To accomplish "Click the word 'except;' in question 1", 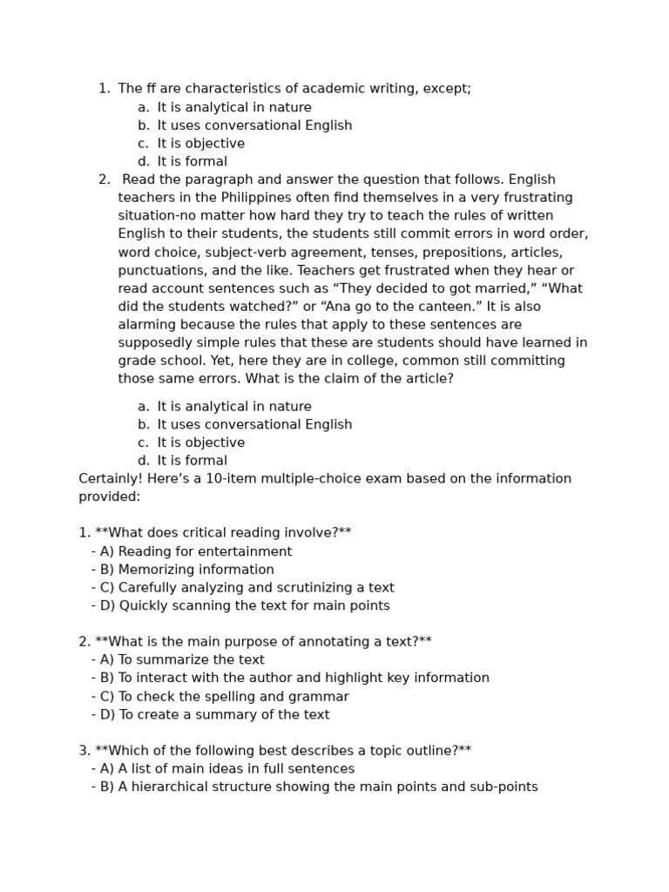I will tap(447, 89).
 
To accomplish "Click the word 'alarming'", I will tap(147, 325).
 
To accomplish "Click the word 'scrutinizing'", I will tap(314, 588).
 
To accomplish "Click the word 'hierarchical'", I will tap(170, 787).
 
